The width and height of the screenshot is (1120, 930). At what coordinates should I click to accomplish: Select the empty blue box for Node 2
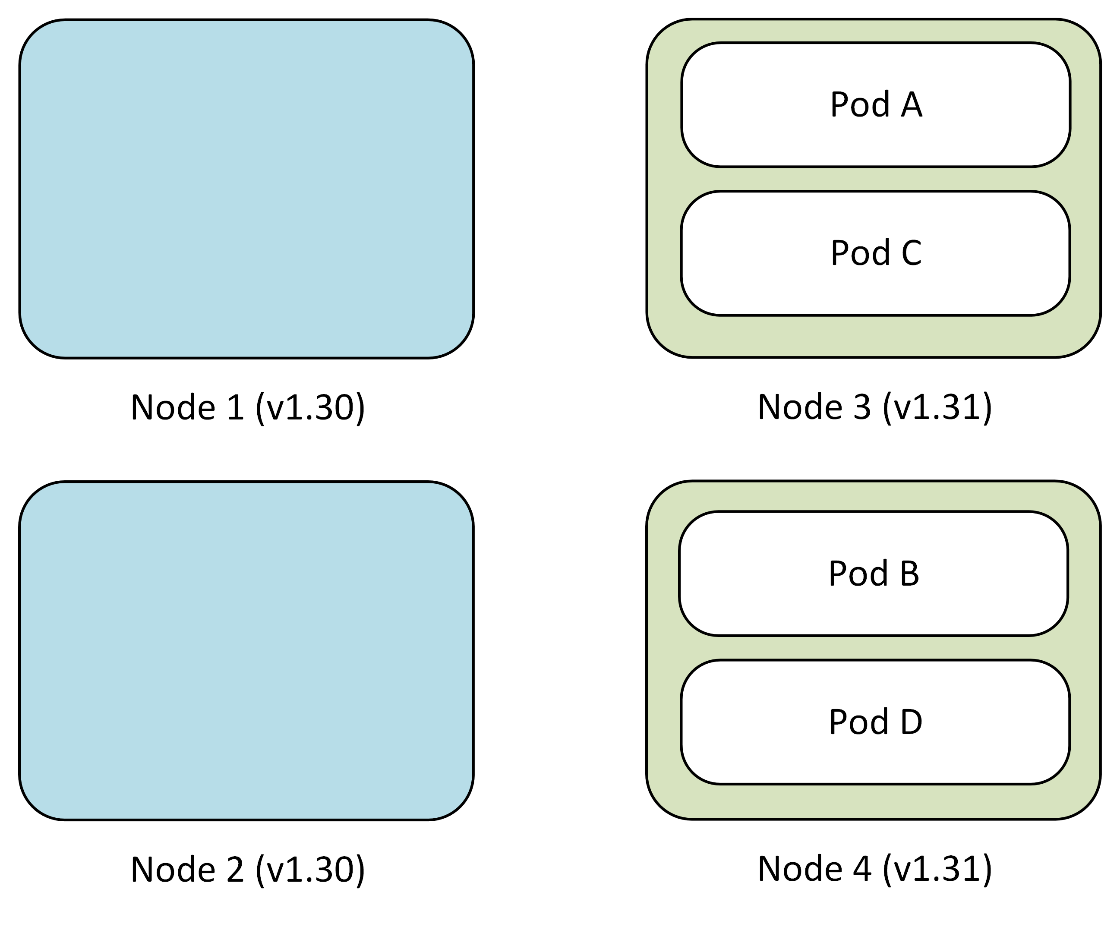point(246,651)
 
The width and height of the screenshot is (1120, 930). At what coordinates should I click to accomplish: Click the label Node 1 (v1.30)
point(247,407)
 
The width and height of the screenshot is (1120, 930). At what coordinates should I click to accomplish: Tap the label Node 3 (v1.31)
point(875,407)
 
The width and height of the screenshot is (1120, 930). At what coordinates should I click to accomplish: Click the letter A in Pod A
point(912,104)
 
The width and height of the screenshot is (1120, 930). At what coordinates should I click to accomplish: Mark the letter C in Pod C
point(911,253)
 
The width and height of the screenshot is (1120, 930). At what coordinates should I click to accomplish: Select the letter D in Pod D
point(912,722)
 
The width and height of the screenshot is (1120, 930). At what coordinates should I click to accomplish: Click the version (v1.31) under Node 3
point(937,407)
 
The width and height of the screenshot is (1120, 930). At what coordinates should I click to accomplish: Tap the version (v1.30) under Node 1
point(310,407)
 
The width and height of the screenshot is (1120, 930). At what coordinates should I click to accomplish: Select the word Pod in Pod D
point(858,722)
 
